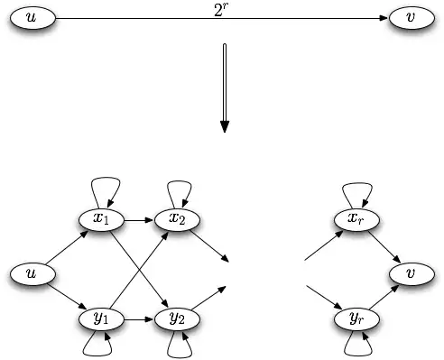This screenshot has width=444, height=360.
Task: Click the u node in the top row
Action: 33,18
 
